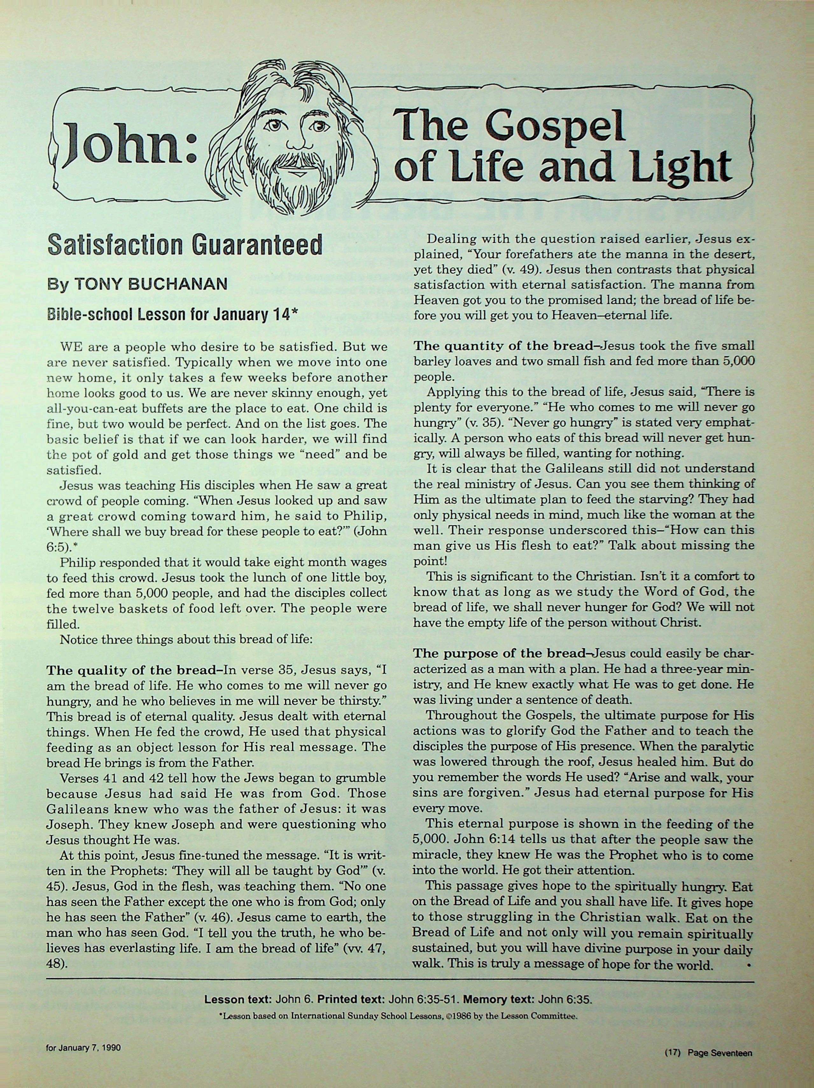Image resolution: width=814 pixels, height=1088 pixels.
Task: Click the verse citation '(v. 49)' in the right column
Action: (523, 270)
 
